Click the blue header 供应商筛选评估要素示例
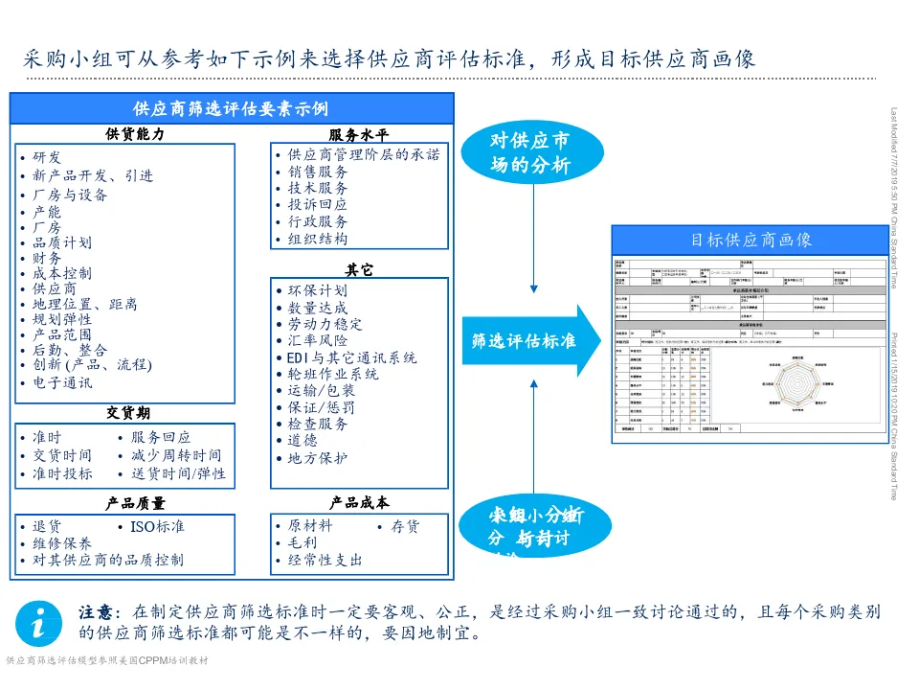[231, 108]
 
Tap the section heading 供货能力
[135, 134]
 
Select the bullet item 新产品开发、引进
[93, 175]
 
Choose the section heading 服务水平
[359, 135]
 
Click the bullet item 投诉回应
[318, 204]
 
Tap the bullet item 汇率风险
[318, 340]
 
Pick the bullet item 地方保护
[318, 458]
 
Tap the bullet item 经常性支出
[325, 560]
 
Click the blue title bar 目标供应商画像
[751, 240]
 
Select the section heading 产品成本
[359, 502]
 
